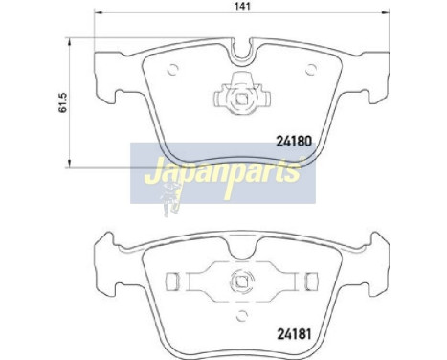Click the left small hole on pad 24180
tap(172, 68)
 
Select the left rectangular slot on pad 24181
tap(172, 282)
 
